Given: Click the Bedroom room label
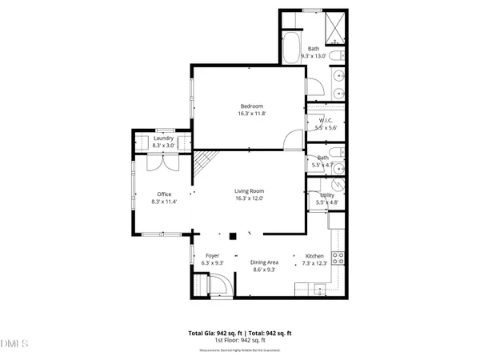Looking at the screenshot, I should (250, 106).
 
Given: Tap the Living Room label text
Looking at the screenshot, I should (249, 190).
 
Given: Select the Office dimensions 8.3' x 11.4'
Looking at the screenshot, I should (164, 202).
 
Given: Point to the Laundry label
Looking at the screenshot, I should (164, 138).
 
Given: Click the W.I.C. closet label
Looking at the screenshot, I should (314, 120).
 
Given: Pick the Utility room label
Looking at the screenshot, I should (326, 194).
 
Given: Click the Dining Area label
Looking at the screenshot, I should (264, 262).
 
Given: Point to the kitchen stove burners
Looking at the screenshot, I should (338, 258).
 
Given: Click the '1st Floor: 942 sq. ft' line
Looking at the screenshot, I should (240, 340).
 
